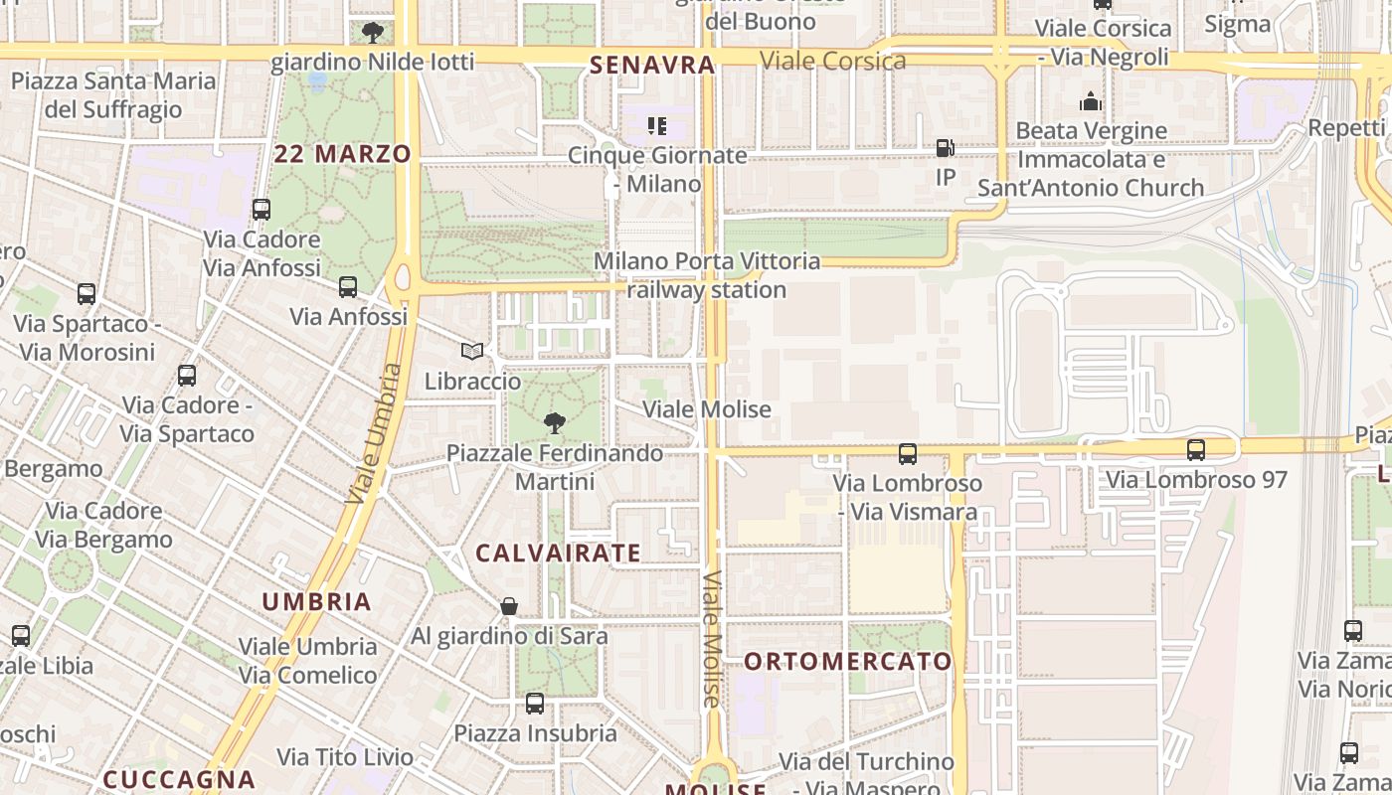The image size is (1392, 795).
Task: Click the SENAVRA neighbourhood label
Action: (x=652, y=66)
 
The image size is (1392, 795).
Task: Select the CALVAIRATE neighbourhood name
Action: (x=558, y=554)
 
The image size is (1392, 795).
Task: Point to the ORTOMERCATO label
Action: (x=848, y=662)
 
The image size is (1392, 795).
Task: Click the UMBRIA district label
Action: (x=316, y=602)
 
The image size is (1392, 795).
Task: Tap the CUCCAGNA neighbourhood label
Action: (x=179, y=780)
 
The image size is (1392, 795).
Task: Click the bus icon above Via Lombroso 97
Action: (x=1196, y=450)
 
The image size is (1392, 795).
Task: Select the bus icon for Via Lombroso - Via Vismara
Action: (x=908, y=454)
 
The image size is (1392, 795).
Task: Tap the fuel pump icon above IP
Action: (x=946, y=148)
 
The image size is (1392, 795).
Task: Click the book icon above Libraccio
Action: (x=472, y=352)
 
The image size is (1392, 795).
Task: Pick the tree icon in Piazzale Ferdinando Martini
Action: (x=555, y=423)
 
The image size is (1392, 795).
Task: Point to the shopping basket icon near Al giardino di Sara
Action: (x=509, y=606)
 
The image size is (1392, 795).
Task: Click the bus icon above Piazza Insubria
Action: (x=535, y=704)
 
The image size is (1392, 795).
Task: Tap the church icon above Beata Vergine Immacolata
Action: (x=1091, y=101)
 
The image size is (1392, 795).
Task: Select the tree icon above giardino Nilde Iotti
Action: (x=373, y=33)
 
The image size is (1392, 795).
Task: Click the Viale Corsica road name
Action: (x=833, y=61)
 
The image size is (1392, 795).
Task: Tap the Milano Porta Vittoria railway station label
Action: (x=707, y=275)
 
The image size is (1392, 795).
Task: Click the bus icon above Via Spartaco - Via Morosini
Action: (x=87, y=294)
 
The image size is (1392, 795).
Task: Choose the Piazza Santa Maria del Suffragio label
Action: (x=113, y=94)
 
